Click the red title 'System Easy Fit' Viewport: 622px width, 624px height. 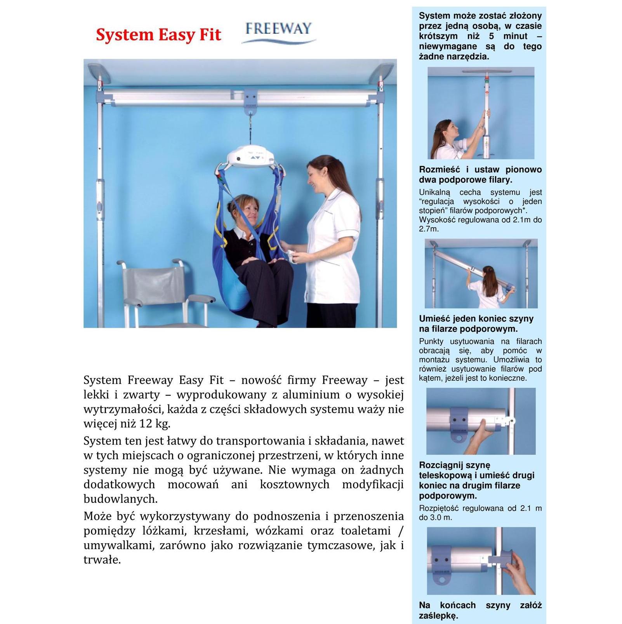(158, 35)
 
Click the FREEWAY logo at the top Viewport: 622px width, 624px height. (278, 31)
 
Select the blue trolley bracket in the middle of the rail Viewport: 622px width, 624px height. (251, 99)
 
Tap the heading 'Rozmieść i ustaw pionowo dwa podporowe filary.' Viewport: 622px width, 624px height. (480, 175)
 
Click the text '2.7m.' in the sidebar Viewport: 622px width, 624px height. (429, 229)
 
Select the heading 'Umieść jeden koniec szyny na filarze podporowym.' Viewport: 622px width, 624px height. (476, 324)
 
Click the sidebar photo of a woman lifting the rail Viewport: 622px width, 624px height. (481, 274)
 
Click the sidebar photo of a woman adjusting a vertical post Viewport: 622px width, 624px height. (481, 113)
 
